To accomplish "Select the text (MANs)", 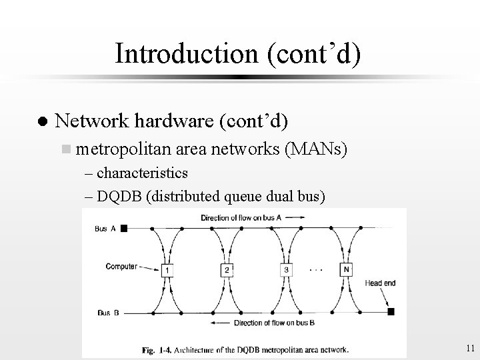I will pyautogui.click(x=315, y=151).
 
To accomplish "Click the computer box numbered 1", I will pyautogui.click(x=167, y=269).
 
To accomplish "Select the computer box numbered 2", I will pyautogui.click(x=227, y=269).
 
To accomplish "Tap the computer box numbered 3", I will pyautogui.click(x=287, y=269).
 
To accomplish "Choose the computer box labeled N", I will pyautogui.click(x=346, y=269).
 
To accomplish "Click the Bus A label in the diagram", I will pyautogui.click(x=105, y=228).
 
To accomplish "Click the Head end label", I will pyautogui.click(x=380, y=283).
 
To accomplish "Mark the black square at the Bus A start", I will pyautogui.click(x=124, y=228).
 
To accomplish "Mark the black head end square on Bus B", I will pyautogui.click(x=391, y=311).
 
